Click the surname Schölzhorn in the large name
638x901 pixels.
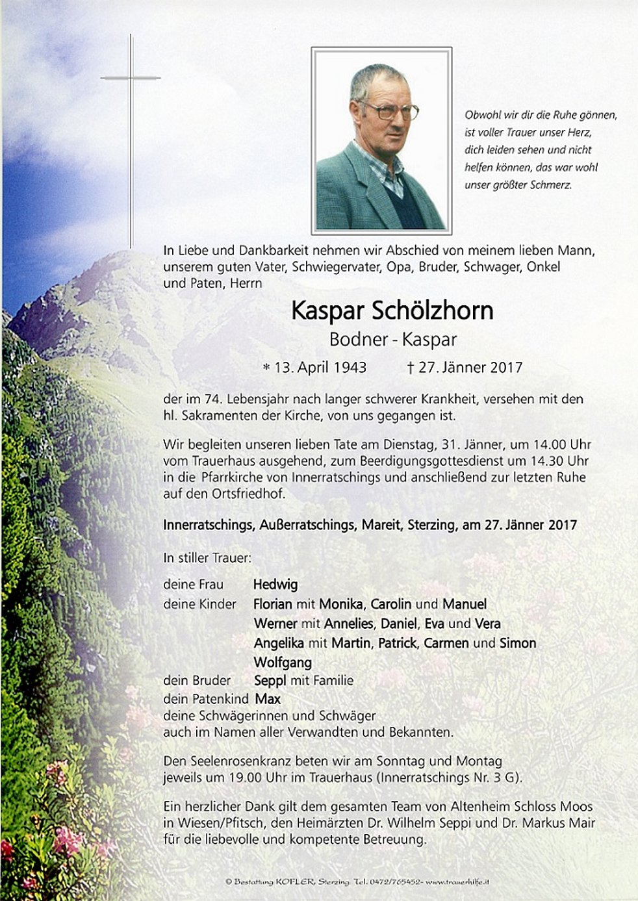pos(432,311)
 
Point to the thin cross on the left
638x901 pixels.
pos(131,130)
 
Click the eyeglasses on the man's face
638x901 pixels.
pos(389,111)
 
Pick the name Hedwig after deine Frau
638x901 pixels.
pos(275,584)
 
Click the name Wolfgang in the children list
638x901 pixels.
pos(283,663)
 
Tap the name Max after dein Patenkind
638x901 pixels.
pos(268,699)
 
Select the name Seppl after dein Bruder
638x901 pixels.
pos(270,681)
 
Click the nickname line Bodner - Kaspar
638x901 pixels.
pos(393,339)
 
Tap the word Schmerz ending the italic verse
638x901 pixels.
pos(554,184)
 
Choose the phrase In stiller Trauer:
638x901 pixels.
pos(207,558)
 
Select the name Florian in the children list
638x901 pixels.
pos(272,604)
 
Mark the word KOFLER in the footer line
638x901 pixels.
pos(296,882)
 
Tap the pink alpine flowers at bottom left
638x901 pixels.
pos(62,838)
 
